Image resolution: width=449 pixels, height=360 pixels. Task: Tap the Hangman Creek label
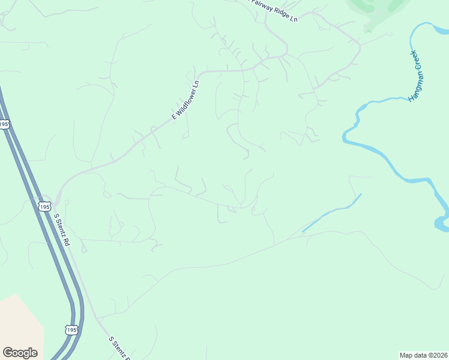417,76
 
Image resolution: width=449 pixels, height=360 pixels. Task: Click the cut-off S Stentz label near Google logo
119,348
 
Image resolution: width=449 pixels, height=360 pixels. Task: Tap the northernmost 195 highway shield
4,124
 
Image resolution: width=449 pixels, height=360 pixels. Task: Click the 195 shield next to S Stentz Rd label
44,206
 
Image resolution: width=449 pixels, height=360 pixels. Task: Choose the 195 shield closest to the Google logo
71,330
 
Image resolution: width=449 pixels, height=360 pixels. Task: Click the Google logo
20,353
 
